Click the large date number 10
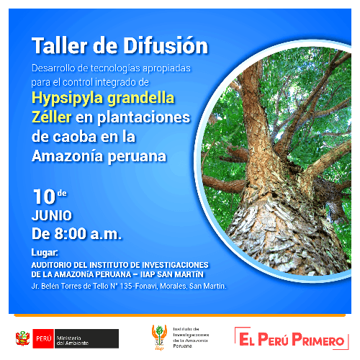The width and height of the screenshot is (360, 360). click(x=44, y=197)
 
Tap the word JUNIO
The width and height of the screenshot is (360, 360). click(x=51, y=215)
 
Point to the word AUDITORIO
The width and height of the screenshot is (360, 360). click(x=57, y=264)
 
